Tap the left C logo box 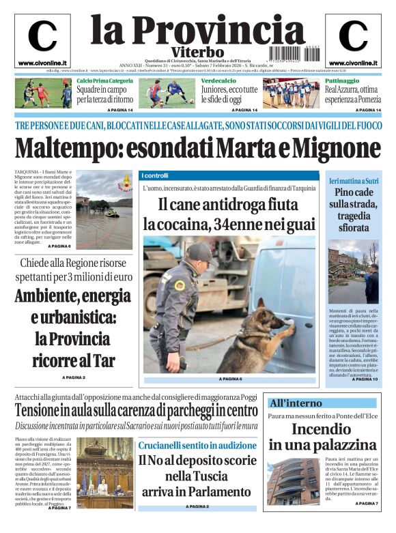point(42,40)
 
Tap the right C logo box point(353,40)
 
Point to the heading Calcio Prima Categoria point(104,81)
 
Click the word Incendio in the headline point(321,429)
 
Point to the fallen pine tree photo point(354,272)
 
